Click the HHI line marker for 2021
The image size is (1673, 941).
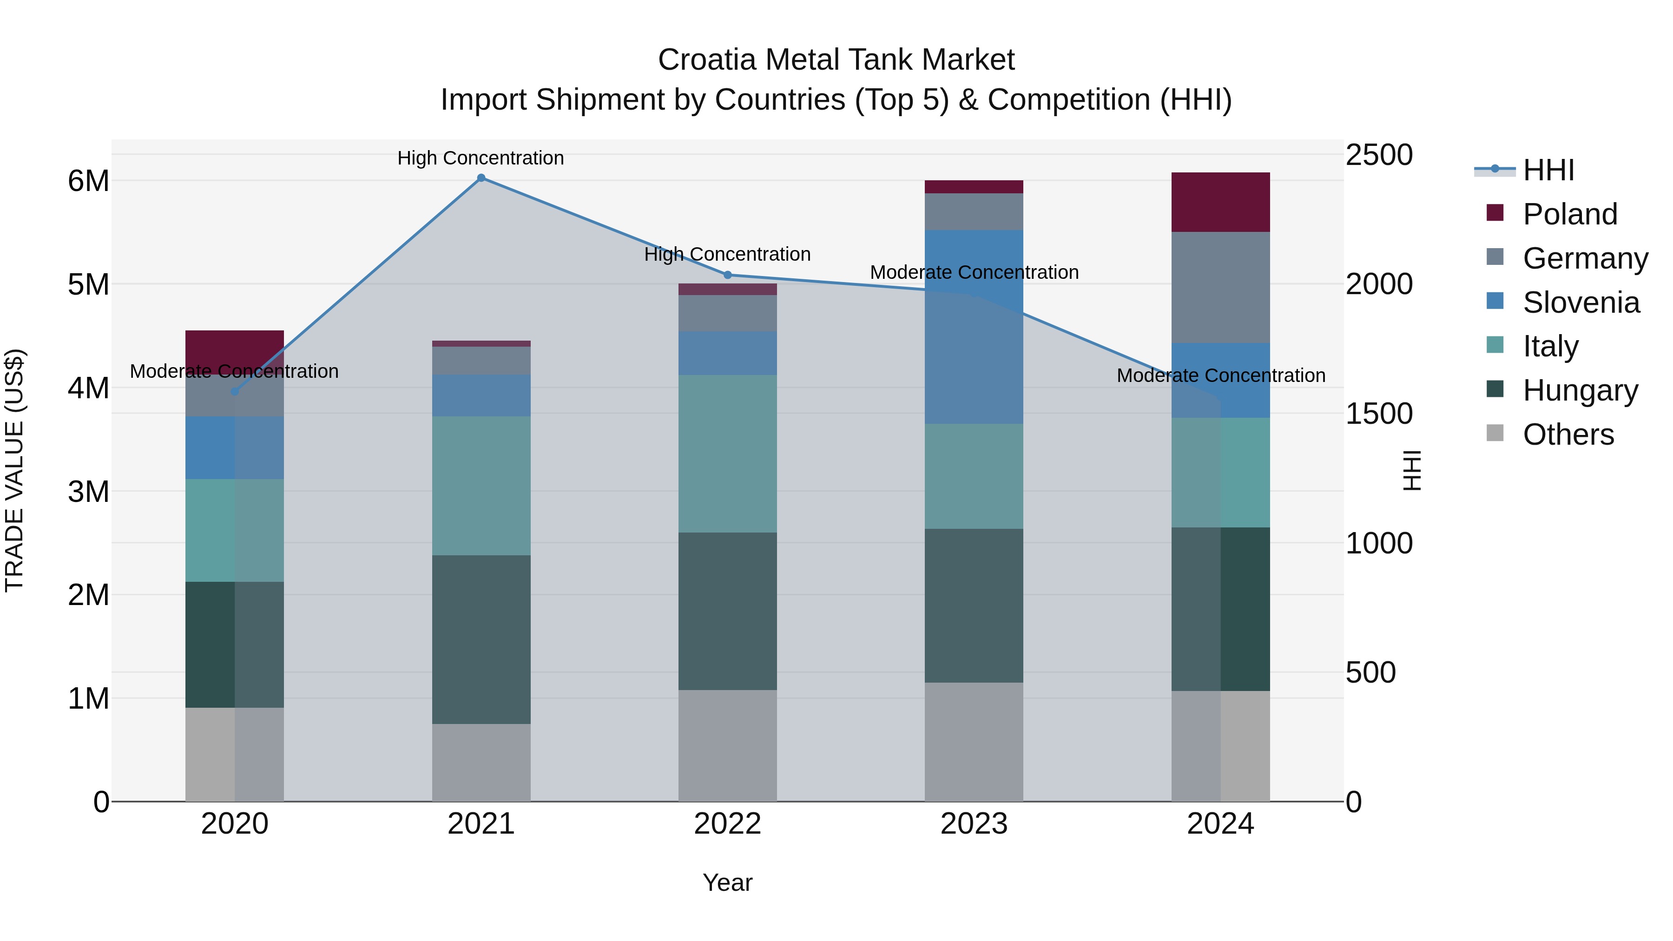click(481, 178)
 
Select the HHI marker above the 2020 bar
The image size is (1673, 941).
click(235, 392)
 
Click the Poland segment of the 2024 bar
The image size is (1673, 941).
click(1220, 202)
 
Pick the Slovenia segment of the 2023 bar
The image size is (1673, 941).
click(974, 327)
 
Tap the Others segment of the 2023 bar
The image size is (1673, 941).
click(974, 742)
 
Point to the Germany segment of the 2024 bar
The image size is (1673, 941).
click(1220, 287)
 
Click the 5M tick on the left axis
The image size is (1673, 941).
click(88, 284)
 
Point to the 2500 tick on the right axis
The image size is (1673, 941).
click(1378, 155)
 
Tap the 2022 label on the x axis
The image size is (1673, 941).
click(727, 824)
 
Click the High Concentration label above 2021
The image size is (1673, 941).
click(481, 158)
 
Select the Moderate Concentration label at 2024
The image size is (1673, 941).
click(1220, 375)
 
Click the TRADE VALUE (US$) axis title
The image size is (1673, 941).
click(14, 470)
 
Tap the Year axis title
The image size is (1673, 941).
click(727, 882)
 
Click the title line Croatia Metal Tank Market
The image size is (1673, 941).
click(836, 60)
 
